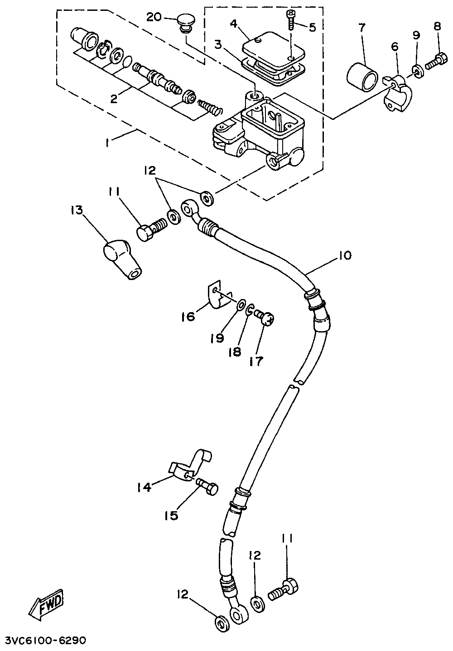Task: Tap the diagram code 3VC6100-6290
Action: point(43,641)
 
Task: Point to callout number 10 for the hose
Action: point(345,256)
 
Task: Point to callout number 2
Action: point(114,99)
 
